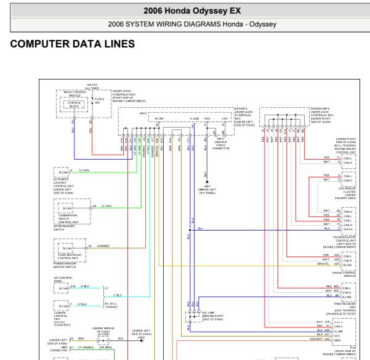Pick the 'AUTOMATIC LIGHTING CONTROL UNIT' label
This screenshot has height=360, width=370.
(65, 186)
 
